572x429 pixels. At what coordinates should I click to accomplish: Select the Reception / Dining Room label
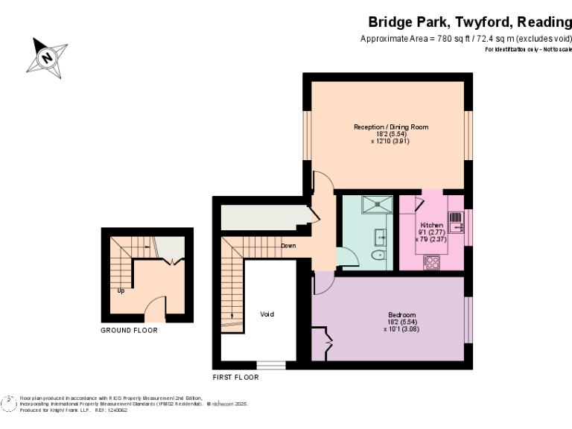coord(391,127)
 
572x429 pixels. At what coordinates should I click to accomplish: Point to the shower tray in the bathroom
coord(376,203)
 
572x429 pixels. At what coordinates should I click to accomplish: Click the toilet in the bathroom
coord(379,255)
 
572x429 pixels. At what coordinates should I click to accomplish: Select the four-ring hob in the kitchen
coord(431,261)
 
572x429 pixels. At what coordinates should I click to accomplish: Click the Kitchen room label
coord(431,225)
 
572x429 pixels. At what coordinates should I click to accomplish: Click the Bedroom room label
coord(401,314)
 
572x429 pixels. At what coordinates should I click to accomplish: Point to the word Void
coord(267,314)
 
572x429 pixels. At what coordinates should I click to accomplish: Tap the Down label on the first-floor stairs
coord(289,245)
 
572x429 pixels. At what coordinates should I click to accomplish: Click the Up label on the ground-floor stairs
coord(120,290)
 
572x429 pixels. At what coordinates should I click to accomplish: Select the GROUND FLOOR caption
coord(129,330)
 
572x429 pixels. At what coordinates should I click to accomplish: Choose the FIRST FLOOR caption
coord(235,378)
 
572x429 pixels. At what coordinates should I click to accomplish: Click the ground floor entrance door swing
coord(154,305)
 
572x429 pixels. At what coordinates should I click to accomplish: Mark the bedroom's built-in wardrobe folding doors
coord(325,343)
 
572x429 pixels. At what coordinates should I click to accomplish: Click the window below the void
coord(270,365)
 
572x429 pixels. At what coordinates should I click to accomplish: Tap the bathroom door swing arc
coord(346,258)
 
